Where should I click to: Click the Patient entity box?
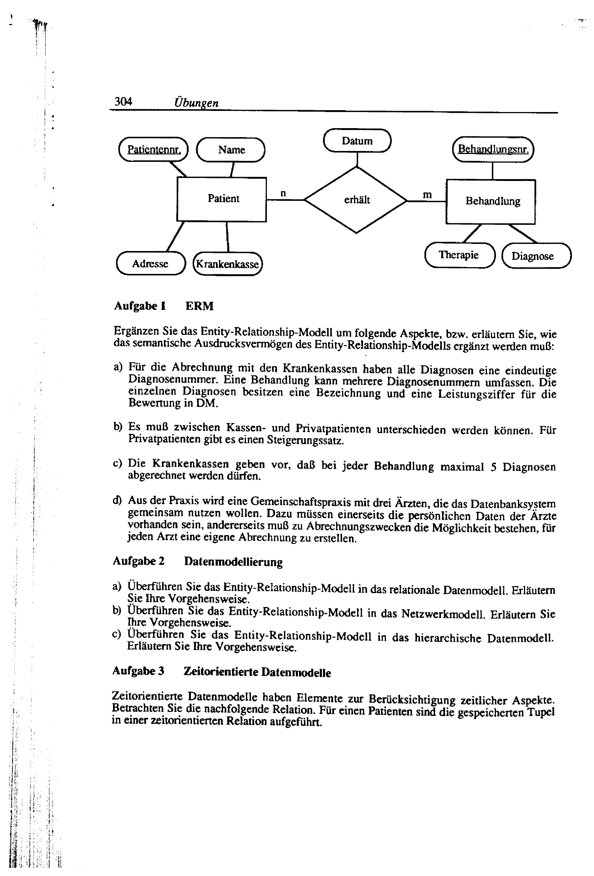tap(222, 199)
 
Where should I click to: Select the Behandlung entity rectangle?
tap(490, 201)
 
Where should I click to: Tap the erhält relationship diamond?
tap(356, 200)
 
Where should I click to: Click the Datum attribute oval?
tap(357, 141)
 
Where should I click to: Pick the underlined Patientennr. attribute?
tap(153, 149)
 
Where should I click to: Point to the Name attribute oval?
tap(231, 150)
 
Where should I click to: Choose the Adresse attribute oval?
tap(150, 263)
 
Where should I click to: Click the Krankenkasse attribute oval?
tap(227, 264)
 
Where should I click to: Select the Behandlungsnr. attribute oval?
tap(493, 149)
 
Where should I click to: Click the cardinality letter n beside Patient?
tap(283, 193)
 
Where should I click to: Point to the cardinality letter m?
tap(427, 195)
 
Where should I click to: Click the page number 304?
tap(123, 102)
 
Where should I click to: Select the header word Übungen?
tap(196, 103)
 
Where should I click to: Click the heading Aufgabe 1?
tap(140, 306)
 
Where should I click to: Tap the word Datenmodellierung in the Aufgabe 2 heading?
tap(233, 562)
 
